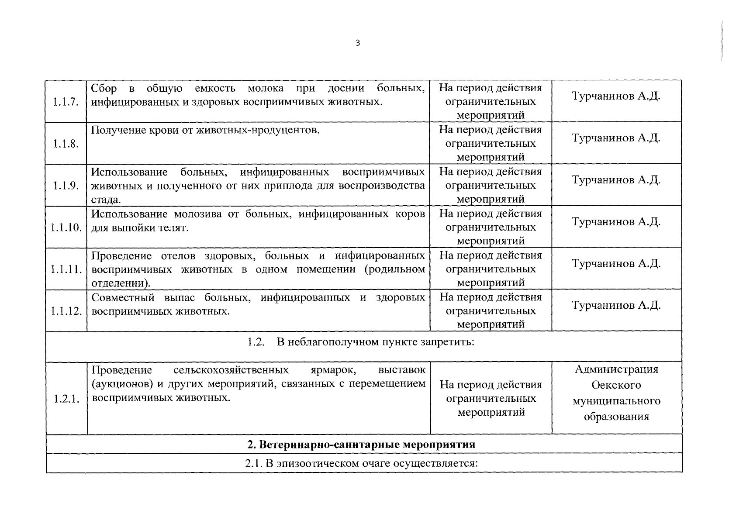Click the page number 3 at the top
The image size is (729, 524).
(x=358, y=43)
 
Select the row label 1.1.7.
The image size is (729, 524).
(x=66, y=102)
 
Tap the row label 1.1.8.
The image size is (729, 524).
(x=66, y=144)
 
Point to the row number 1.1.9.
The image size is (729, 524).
(x=66, y=186)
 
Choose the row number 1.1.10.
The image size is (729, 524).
(x=66, y=228)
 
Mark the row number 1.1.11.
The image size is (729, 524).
(x=66, y=269)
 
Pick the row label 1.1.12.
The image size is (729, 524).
(x=66, y=311)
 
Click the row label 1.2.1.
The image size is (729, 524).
(x=66, y=399)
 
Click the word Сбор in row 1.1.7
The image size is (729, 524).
(x=104, y=89)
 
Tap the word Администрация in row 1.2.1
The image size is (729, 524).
(x=616, y=369)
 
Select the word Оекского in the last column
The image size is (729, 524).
(x=616, y=385)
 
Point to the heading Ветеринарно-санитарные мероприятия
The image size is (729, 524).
(x=361, y=445)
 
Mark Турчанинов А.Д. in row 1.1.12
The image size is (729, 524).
(x=616, y=305)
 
